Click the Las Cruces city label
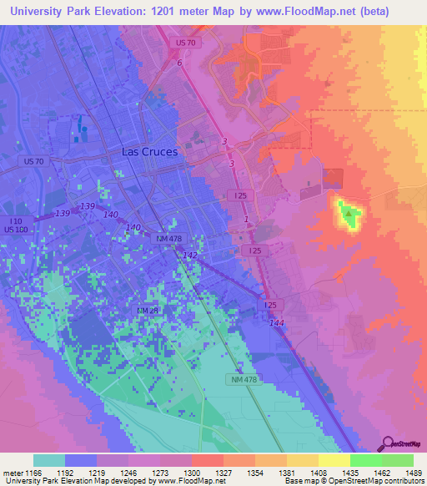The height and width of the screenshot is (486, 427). [149, 152]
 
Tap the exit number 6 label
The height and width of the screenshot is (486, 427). [178, 63]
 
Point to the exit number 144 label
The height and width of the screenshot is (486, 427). [276, 321]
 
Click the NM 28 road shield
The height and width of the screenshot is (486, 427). [147, 311]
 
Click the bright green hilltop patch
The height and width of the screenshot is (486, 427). [348, 215]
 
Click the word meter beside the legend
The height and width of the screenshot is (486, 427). [10, 472]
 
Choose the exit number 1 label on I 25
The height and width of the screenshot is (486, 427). [246, 220]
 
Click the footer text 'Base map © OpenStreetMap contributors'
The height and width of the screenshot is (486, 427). [353, 481]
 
